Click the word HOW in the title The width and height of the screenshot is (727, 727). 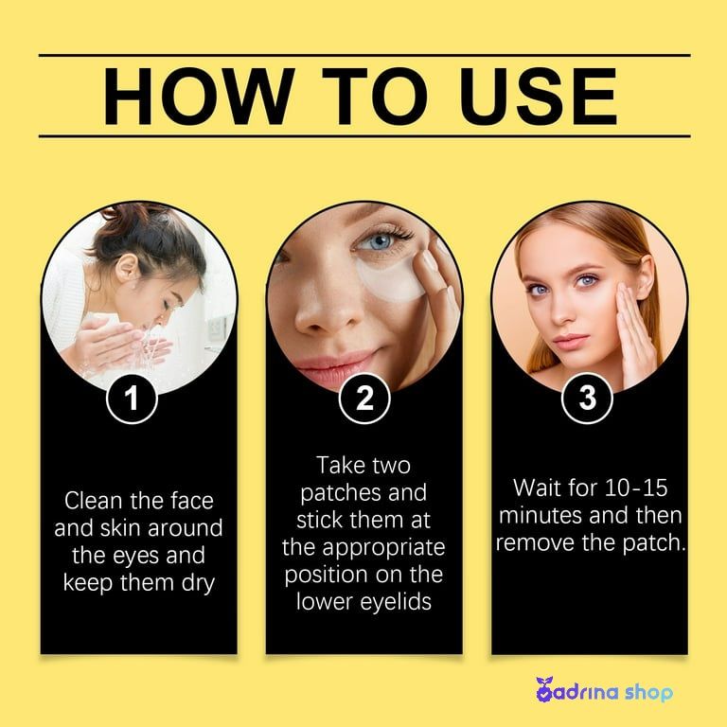tap(199, 97)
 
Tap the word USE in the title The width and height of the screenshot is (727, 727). tap(538, 97)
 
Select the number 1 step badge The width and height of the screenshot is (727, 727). tap(133, 399)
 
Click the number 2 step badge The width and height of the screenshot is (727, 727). tap(364, 399)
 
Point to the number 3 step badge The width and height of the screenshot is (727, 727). tap(588, 399)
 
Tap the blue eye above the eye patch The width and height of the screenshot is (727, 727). tap(378, 241)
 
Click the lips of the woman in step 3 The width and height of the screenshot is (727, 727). tap(570, 342)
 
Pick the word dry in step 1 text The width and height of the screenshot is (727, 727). tap(198, 584)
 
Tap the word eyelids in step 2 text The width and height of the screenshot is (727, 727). tap(396, 602)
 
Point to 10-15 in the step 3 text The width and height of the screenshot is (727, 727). tap(636, 488)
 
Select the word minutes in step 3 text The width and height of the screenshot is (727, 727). tap(540, 515)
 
